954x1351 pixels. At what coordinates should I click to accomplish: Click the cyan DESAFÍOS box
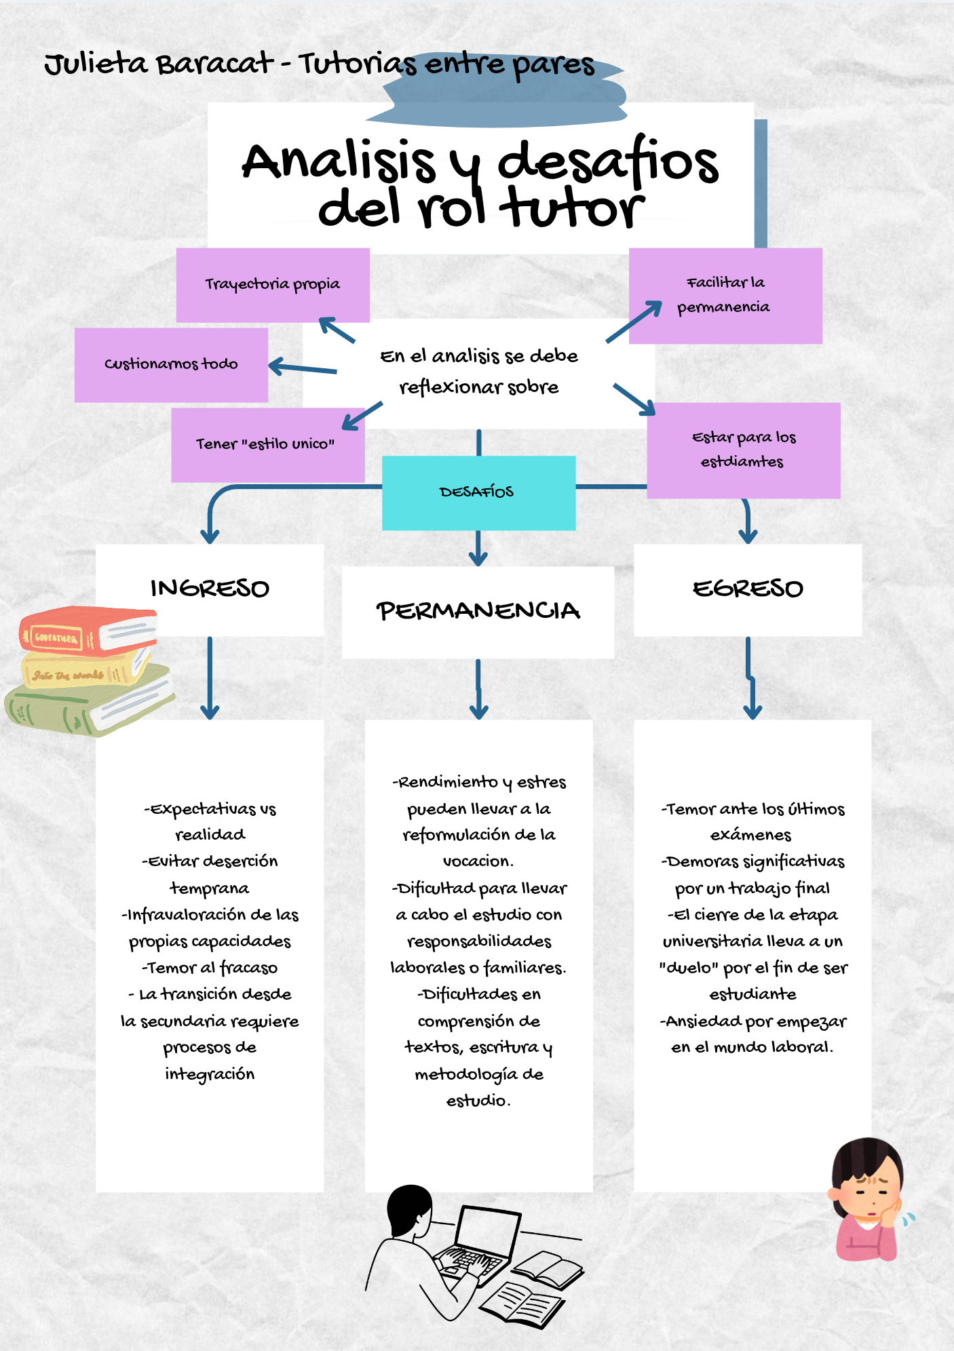tap(478, 492)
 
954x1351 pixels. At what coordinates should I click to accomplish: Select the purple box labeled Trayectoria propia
tap(273, 285)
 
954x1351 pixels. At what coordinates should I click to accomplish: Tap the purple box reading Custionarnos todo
tap(171, 365)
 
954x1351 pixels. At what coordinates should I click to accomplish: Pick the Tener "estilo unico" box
tap(268, 445)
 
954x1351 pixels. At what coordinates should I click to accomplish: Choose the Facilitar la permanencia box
tap(725, 296)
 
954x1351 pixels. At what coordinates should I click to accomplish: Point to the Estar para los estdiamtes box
tap(744, 450)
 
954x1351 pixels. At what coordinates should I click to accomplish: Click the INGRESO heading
tap(210, 589)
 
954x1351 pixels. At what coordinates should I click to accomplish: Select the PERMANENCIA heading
tap(478, 611)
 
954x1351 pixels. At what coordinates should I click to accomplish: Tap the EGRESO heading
tap(748, 589)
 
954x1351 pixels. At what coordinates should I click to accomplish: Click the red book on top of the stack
tap(88, 632)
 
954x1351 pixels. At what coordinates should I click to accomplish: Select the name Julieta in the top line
tap(96, 65)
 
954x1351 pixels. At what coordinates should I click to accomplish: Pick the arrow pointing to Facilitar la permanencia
tap(634, 321)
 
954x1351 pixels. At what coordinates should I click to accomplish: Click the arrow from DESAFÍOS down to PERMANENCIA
tap(478, 548)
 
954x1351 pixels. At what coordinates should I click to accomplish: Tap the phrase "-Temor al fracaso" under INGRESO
tap(210, 968)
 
